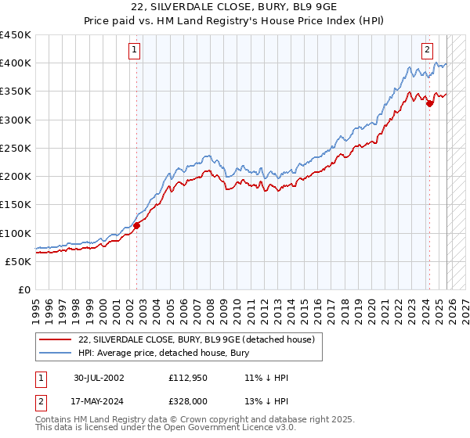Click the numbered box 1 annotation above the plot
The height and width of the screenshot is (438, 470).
point(135,49)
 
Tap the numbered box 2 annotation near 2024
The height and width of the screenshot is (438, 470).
point(428,49)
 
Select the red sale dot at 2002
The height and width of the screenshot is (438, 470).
point(136,225)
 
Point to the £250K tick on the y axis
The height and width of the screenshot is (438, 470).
point(16,148)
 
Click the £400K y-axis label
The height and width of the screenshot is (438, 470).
point(16,63)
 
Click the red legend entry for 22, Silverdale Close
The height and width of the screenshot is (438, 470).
point(196,339)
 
